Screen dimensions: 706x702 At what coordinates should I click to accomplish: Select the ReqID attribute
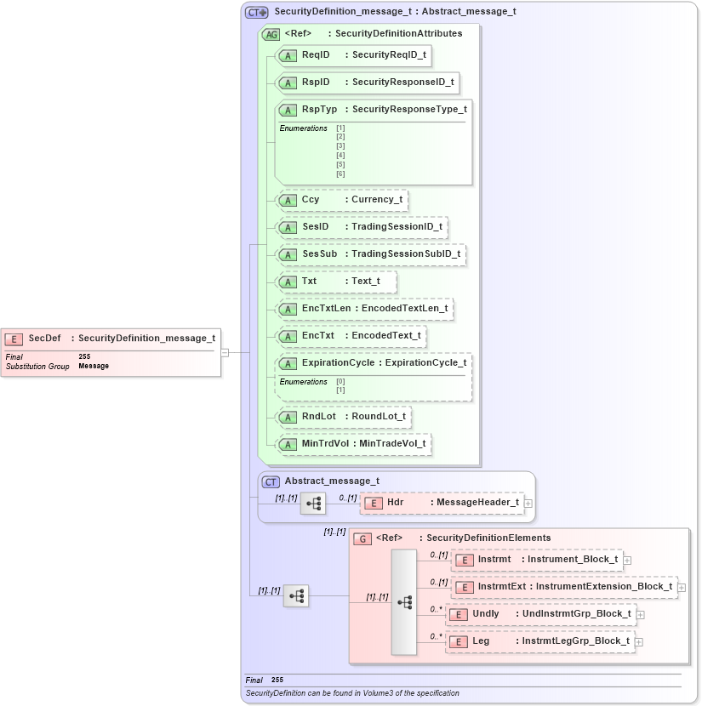[353, 55]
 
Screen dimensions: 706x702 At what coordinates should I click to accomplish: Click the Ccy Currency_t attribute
[342, 200]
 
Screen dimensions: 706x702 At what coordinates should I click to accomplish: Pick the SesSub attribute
[371, 254]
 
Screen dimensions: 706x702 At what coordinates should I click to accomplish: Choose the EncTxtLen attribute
[365, 308]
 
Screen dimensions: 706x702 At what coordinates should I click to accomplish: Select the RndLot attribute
[345, 417]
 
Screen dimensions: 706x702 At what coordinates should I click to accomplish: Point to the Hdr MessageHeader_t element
[442, 503]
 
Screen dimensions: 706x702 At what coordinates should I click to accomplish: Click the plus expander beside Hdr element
[528, 504]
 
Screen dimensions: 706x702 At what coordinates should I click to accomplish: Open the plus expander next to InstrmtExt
[682, 587]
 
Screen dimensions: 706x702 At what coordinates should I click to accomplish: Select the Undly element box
[540, 614]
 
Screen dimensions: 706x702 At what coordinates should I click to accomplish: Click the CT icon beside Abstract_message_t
[271, 481]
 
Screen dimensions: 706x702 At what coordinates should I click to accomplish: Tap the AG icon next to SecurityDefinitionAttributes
[271, 34]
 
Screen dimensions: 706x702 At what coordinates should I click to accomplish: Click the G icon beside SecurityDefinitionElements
[362, 538]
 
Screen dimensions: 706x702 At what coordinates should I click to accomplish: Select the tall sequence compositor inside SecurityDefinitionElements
[404, 601]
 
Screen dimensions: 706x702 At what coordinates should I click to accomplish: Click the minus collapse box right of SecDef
[225, 351]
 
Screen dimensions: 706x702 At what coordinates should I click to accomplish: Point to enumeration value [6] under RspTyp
[340, 174]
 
